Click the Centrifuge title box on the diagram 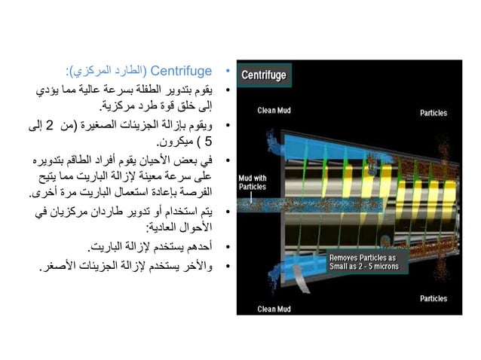pyautogui.click(x=263, y=75)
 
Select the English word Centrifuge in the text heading pyautogui.click(x=182, y=72)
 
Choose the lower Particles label pyautogui.click(x=434, y=299)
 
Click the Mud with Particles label pyautogui.click(x=253, y=182)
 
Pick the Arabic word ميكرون pyautogui.click(x=173, y=141)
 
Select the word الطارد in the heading pyautogui.click(x=126, y=72)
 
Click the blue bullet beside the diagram pyautogui.click(x=228, y=72)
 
